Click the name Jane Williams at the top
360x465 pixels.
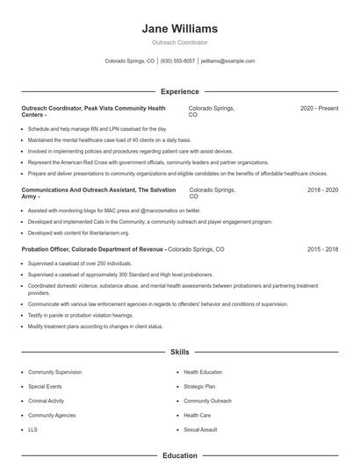180,29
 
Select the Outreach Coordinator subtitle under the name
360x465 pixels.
180,42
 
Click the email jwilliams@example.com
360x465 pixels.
228,61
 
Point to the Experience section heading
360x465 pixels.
180,91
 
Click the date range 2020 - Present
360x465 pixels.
319,108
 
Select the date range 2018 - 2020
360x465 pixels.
322,190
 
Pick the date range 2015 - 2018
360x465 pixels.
322,249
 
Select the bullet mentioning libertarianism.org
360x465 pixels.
79,232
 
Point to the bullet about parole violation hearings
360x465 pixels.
81,315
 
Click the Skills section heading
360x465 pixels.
180,352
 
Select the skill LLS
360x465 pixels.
33,430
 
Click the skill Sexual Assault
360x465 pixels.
201,430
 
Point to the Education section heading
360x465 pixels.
180,455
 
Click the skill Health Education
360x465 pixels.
204,372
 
